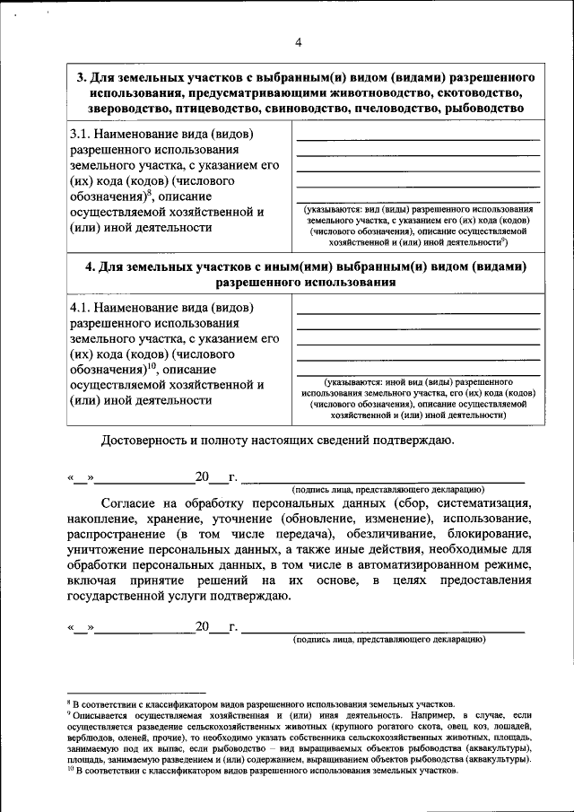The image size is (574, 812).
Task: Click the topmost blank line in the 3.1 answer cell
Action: [x=418, y=140]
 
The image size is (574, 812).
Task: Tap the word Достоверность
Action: [x=149, y=440]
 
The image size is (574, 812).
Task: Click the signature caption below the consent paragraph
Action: [x=388, y=640]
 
